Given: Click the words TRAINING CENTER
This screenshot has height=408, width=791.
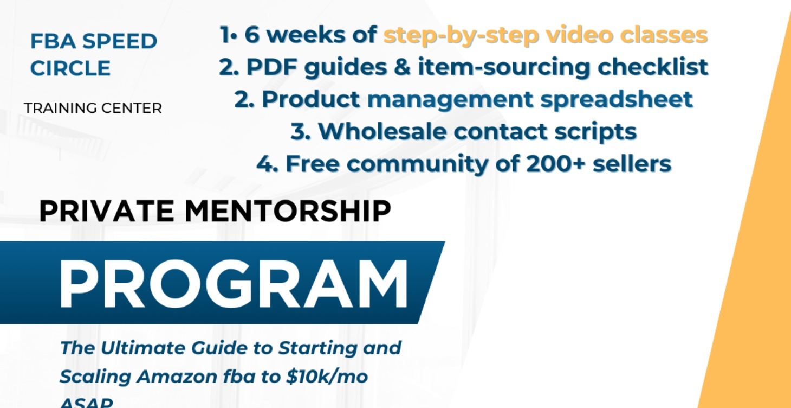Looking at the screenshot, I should point(93,108).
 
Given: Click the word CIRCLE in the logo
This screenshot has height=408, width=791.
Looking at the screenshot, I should point(70,68).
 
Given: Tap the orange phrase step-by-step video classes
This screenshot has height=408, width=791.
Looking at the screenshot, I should point(545,35).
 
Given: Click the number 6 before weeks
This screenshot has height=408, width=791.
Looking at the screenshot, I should point(252,35).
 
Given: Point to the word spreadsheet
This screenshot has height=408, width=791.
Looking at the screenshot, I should point(615,99).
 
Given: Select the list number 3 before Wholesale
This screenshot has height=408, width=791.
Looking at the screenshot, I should point(300,131).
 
